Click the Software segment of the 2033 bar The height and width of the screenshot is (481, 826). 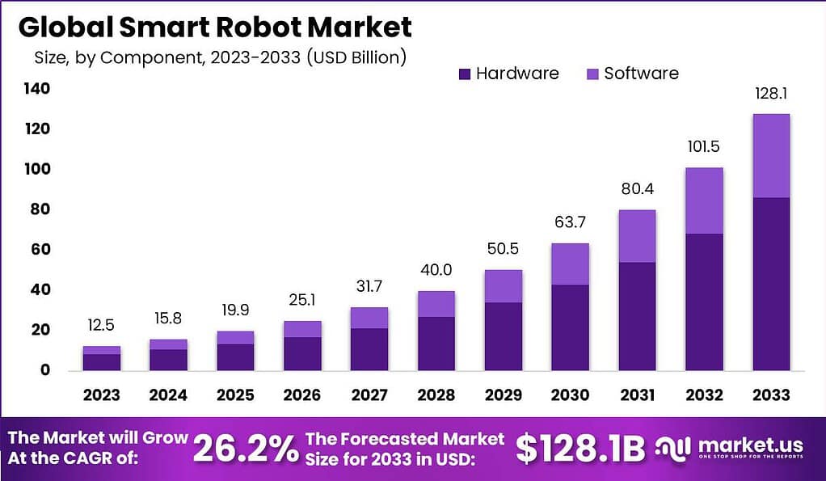(771, 155)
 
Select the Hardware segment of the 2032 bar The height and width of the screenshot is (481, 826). (705, 302)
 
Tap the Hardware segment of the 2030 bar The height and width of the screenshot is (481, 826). (571, 327)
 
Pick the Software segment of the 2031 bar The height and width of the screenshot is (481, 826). (638, 236)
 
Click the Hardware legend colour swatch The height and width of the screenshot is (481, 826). (464, 74)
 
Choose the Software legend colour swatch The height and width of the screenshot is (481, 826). (592, 74)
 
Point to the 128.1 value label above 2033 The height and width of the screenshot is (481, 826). (771, 93)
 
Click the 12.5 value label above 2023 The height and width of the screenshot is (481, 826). (102, 326)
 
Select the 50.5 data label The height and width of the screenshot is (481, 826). (504, 250)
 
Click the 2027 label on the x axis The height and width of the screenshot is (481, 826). (369, 395)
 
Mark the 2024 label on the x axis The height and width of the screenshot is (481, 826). (168, 395)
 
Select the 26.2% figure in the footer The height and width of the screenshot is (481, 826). (247, 449)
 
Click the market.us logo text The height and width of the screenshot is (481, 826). (751, 445)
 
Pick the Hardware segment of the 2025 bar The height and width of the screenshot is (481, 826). (235, 357)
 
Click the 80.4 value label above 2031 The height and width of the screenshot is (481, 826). (638, 189)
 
